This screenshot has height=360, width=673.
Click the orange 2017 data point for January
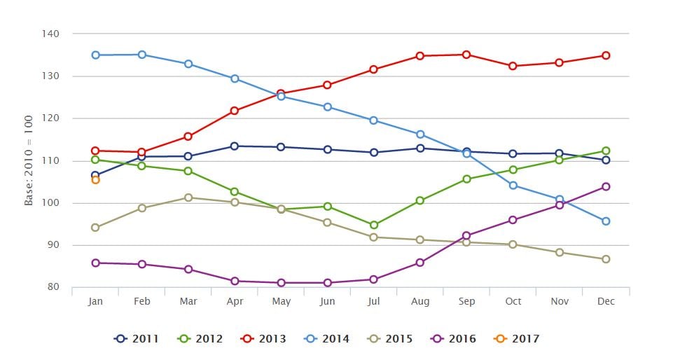tap(95, 180)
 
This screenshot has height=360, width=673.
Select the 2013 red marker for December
tap(606, 55)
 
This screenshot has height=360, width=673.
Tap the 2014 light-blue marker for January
tap(95, 55)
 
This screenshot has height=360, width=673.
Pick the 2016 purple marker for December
tap(606, 186)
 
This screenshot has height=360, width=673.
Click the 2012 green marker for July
tap(374, 226)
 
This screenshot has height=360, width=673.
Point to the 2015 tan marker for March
tap(188, 198)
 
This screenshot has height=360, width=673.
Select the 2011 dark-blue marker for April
tap(234, 146)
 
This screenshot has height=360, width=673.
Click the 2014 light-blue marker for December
tap(606, 221)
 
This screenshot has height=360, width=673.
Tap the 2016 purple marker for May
tap(281, 283)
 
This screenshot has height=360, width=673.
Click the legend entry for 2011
tap(137, 339)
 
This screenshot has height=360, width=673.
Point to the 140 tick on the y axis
tap(50, 34)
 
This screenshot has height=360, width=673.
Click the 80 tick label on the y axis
tap(53, 287)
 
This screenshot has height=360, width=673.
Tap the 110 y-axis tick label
tap(50, 160)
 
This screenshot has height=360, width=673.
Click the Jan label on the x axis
tap(95, 301)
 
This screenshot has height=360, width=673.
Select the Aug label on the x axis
tap(420, 301)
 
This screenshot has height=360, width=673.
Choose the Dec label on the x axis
tap(606, 301)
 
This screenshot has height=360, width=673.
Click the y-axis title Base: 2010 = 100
tap(29, 160)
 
